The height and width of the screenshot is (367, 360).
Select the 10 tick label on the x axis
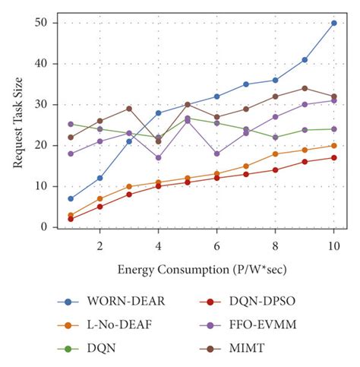pyautogui.click(x=333, y=246)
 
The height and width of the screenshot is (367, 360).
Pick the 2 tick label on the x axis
pyautogui.click(x=99, y=246)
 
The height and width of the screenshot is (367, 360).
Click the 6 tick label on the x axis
pyautogui.click(x=216, y=246)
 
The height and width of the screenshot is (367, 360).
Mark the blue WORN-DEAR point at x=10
pyautogui.click(x=333, y=23)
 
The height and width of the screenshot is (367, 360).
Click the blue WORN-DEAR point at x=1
pyautogui.click(x=71, y=198)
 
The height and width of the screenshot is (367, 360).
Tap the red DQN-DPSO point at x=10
pyautogui.click(x=333, y=158)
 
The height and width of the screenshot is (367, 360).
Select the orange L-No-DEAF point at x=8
pyautogui.click(x=275, y=153)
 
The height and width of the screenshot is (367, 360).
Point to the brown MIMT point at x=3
pyautogui.click(x=129, y=109)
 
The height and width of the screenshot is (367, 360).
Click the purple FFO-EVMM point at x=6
pyautogui.click(x=216, y=153)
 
